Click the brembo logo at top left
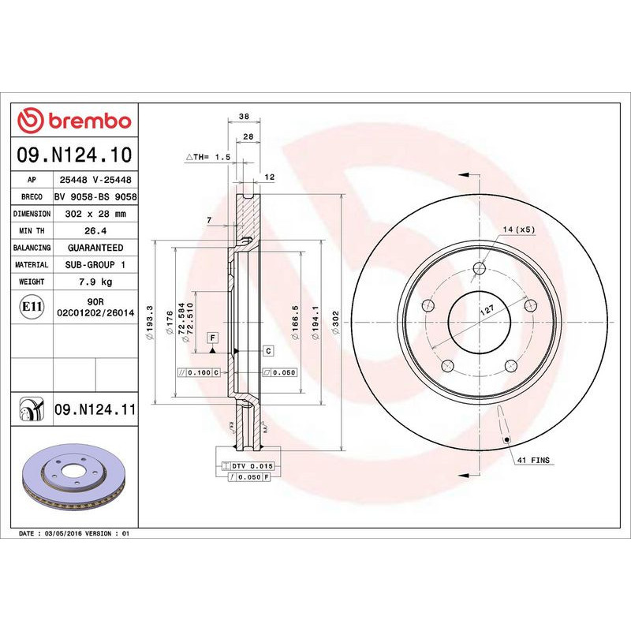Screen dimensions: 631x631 74,121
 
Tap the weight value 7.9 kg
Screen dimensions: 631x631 95,282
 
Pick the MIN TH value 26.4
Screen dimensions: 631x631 95,230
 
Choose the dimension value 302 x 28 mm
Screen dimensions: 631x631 95,214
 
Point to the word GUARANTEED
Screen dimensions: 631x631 95,248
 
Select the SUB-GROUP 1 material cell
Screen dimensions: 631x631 95,265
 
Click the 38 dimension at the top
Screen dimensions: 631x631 244,117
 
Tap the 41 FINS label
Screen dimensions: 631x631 534,458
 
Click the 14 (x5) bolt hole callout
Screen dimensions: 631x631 519,229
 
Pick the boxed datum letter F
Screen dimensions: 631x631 212,338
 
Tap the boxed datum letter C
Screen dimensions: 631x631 267,349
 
